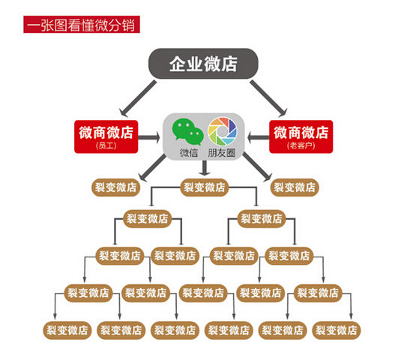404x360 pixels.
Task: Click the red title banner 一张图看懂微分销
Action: [82, 25]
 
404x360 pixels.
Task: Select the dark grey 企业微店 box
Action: [203, 64]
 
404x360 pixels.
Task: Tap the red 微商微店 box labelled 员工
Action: [106, 136]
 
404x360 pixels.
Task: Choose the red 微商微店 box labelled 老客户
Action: [301, 136]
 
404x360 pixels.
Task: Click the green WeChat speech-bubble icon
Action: [187, 132]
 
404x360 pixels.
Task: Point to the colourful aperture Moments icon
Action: [223, 131]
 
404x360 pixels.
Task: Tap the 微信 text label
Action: [189, 153]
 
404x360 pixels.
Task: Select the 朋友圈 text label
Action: [222, 153]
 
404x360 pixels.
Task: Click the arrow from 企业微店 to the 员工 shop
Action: [138, 98]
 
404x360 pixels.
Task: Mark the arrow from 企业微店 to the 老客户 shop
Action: [268, 98]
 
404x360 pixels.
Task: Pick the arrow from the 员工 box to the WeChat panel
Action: [149, 137]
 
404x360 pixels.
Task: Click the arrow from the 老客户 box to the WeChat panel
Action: [258, 137]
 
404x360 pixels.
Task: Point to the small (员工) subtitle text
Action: [106, 145]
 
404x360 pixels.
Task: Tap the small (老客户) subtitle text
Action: [301, 145]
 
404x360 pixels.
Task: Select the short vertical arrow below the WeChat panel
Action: [205, 168]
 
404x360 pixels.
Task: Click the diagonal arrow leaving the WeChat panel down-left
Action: [152, 167]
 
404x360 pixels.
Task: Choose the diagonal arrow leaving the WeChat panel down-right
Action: [257, 166]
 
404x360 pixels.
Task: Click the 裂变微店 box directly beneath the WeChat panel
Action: [205, 187]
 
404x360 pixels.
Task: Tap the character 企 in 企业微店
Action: [178, 64]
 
